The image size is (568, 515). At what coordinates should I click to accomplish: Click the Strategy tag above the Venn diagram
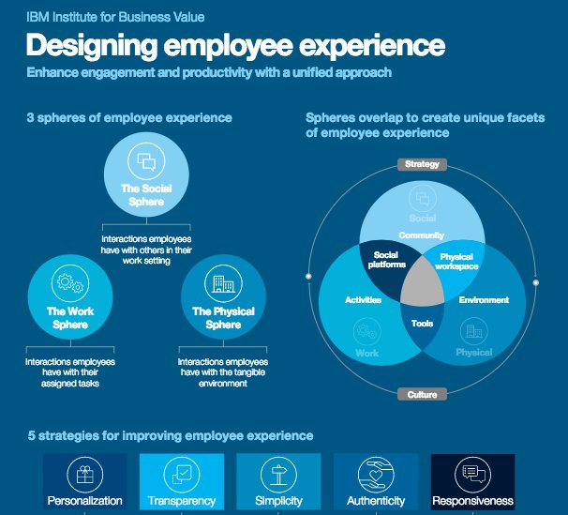pyautogui.click(x=422, y=164)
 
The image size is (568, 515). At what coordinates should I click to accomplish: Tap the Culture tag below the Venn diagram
pyautogui.click(x=421, y=395)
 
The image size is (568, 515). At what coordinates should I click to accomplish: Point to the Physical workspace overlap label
pyautogui.click(x=457, y=261)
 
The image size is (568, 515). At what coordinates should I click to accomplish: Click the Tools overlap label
pyautogui.click(x=422, y=323)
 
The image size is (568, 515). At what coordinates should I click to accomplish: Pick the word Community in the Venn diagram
pyautogui.click(x=421, y=235)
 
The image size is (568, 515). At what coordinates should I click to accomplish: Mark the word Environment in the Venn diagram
pyautogui.click(x=484, y=300)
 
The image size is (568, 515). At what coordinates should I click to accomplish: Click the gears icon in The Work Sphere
pyautogui.click(x=68, y=282)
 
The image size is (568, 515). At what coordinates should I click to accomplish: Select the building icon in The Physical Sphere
pyautogui.click(x=223, y=282)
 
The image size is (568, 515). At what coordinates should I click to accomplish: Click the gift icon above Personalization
pyautogui.click(x=84, y=472)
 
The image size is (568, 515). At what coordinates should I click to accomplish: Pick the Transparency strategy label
pyautogui.click(x=182, y=501)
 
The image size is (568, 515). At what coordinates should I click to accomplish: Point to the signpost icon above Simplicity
pyautogui.click(x=278, y=472)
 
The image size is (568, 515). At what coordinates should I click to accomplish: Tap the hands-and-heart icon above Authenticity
pyautogui.click(x=375, y=472)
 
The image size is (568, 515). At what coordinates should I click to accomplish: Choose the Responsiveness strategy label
pyautogui.click(x=472, y=501)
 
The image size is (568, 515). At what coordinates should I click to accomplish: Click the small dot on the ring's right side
pyautogui.click(x=536, y=280)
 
